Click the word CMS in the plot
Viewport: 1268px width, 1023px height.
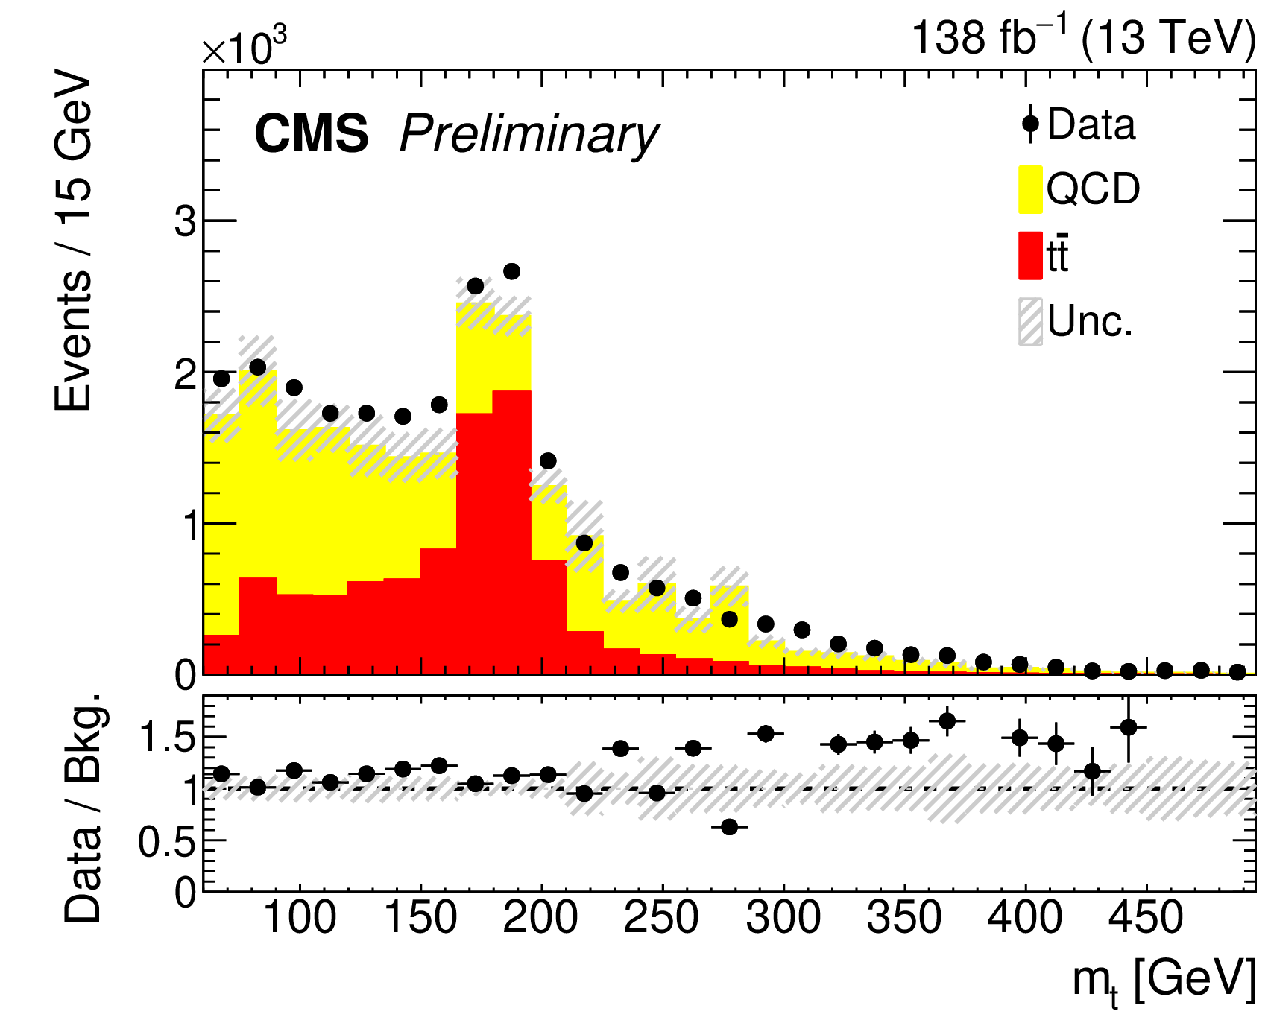tap(312, 134)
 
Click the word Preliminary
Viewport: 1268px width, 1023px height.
tap(529, 136)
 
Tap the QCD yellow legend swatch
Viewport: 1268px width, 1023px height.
tap(1030, 189)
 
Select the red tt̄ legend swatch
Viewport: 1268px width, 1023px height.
tap(1030, 256)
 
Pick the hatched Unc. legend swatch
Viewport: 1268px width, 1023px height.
tap(1030, 322)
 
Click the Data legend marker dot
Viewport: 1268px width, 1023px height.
tap(1030, 124)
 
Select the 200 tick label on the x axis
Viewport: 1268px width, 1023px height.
tap(540, 918)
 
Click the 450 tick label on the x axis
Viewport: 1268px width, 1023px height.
tap(1146, 918)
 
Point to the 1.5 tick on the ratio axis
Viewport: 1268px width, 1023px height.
tap(168, 738)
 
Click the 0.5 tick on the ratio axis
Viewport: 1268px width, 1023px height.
tap(168, 841)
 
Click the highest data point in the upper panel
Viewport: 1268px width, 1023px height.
tap(511, 271)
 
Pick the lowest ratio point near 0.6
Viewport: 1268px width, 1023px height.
tap(730, 827)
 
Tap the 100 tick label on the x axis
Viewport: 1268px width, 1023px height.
tap(300, 918)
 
